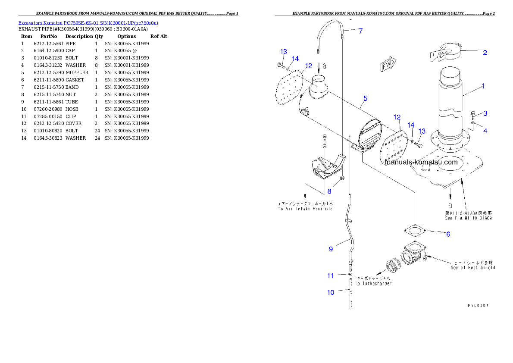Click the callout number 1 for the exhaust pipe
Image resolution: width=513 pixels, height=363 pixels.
click(x=483, y=86)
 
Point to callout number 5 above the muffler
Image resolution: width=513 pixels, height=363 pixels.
click(x=365, y=99)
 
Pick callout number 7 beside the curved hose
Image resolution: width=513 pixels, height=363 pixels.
click(x=360, y=31)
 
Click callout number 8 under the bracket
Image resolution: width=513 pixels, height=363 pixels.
click(x=329, y=191)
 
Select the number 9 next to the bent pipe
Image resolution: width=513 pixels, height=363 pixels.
click(x=331, y=249)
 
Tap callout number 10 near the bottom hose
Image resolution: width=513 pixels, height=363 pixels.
click(x=331, y=292)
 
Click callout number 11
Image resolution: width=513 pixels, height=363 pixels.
click(x=330, y=275)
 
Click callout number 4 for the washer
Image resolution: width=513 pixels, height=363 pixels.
click(x=485, y=131)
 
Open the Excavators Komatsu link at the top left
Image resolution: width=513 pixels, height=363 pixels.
click(x=88, y=23)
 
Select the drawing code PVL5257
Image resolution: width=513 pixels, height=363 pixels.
click(x=479, y=305)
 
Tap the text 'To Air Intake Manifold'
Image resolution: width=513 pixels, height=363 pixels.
click(x=305, y=209)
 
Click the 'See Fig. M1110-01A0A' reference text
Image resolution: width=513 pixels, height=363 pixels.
click(x=469, y=218)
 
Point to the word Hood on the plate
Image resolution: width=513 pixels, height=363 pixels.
click(x=425, y=170)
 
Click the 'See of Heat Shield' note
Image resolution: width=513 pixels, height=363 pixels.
click(x=472, y=268)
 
